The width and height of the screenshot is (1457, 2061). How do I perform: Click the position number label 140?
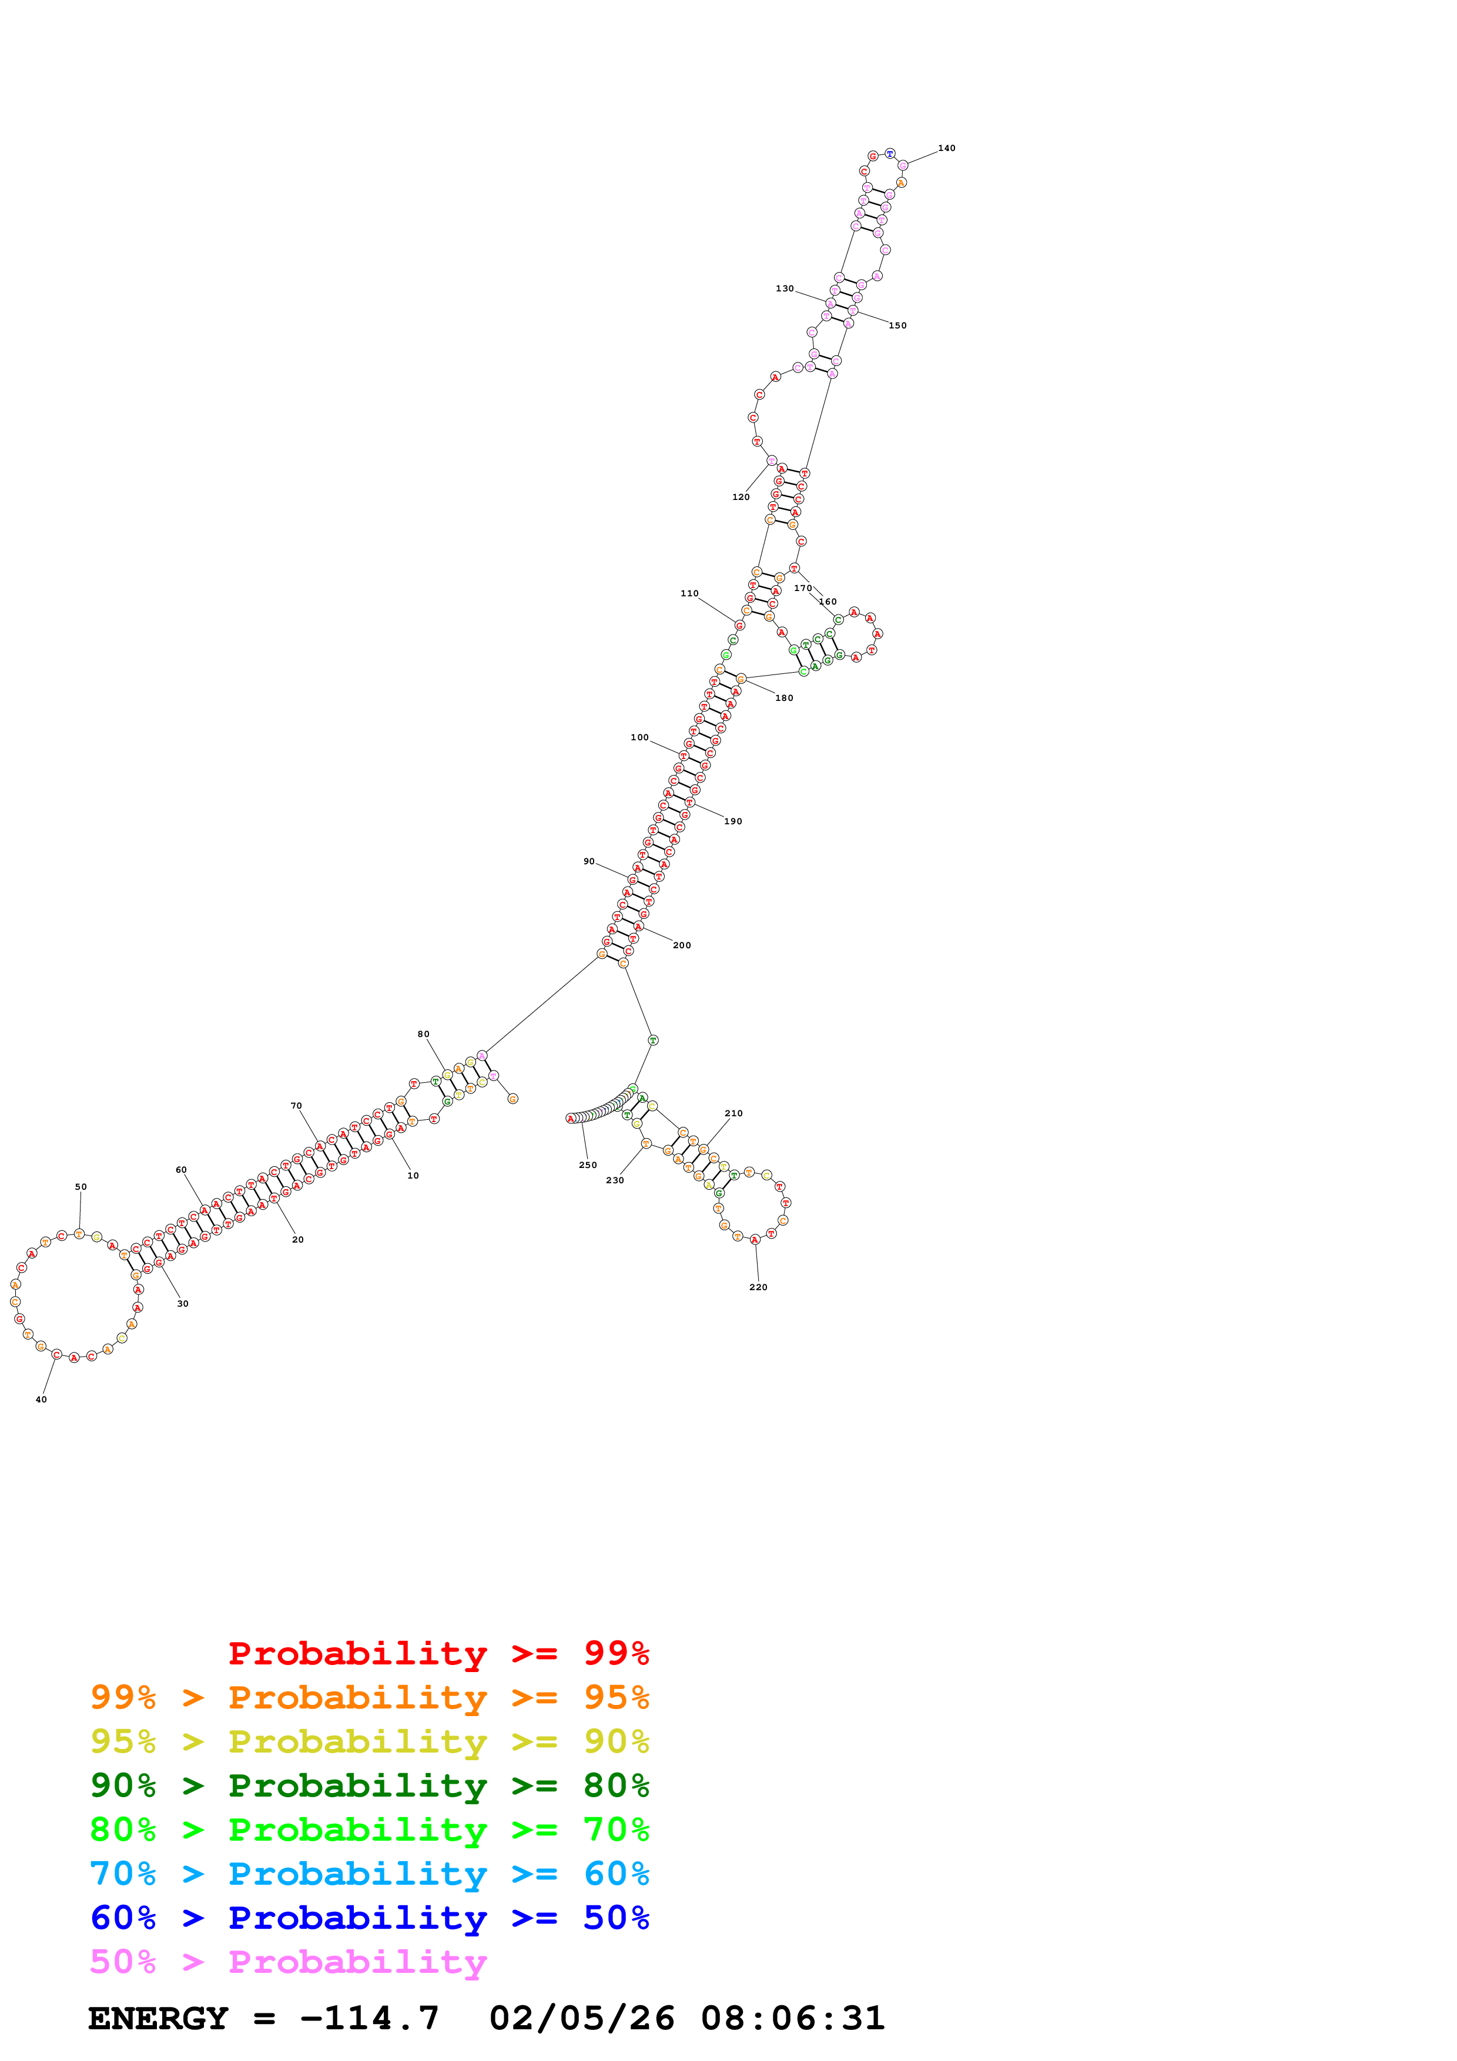[946, 148]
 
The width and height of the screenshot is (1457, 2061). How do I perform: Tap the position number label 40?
[41, 1399]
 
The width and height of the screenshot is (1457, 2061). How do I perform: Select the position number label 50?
[81, 1187]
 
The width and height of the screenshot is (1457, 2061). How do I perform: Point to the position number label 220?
[759, 1287]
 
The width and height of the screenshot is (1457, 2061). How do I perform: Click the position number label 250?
[588, 1165]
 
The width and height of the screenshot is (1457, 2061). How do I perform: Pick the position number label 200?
[682, 945]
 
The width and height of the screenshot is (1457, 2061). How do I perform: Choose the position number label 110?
[689, 593]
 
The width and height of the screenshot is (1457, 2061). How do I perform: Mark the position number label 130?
[785, 289]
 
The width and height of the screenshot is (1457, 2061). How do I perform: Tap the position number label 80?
[424, 1034]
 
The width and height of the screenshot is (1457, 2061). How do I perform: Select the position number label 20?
[298, 1240]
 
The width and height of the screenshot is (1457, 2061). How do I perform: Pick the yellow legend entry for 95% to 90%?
[369, 1741]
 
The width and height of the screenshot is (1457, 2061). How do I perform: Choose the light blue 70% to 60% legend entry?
[369, 1874]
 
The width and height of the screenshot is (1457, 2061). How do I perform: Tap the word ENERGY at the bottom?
[158, 2018]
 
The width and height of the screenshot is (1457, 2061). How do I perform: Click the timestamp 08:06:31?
[793, 2018]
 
